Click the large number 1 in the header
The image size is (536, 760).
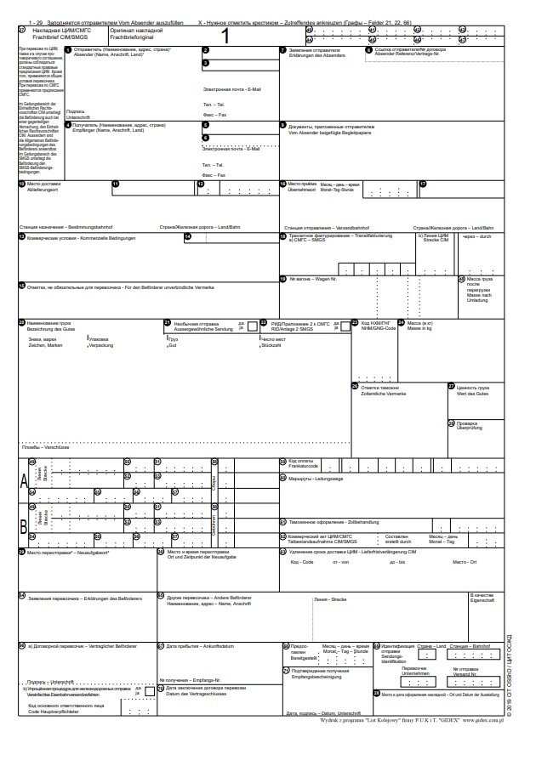click(225, 36)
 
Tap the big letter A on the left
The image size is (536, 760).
click(24, 481)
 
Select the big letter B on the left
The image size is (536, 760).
click(24, 525)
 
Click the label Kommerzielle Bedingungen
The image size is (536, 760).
click(93, 237)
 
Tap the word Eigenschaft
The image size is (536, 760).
click(482, 600)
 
